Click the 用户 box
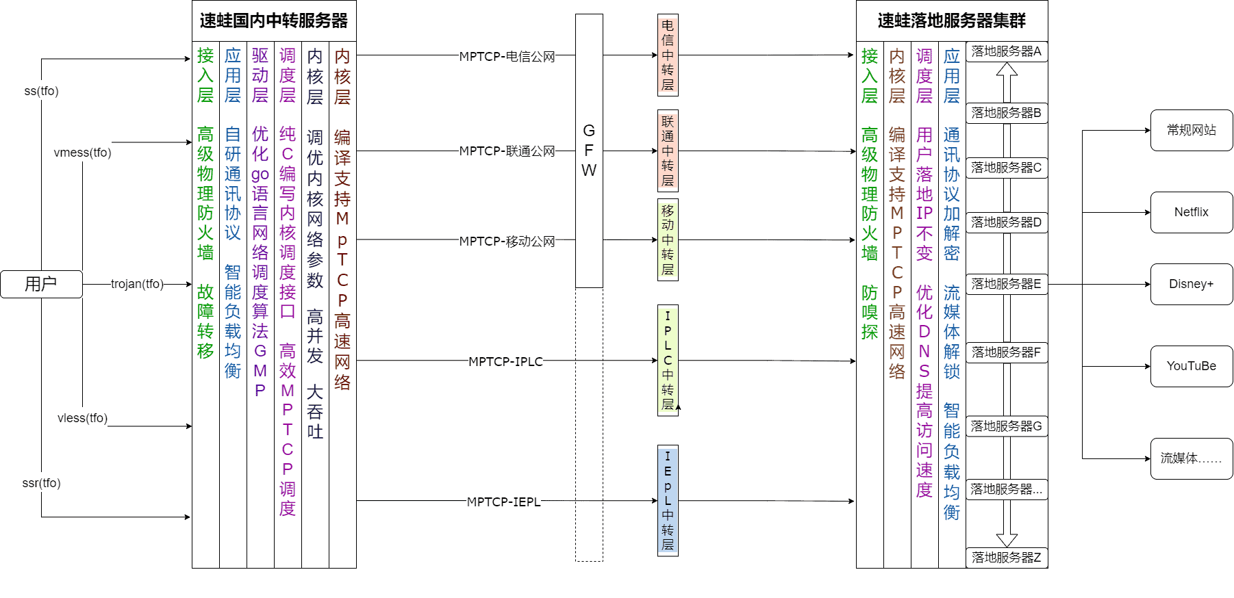(x=41, y=284)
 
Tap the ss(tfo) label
(x=41, y=91)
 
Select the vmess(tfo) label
(x=82, y=153)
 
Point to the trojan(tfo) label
(x=137, y=284)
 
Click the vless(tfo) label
(x=82, y=418)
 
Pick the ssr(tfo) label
(x=41, y=483)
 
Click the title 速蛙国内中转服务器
(x=274, y=21)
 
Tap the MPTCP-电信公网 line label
(x=507, y=57)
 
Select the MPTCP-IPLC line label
(x=505, y=361)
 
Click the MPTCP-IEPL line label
(x=503, y=502)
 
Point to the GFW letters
(x=589, y=151)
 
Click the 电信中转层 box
(x=668, y=55)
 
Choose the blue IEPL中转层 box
(x=668, y=500)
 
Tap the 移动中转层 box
(x=668, y=239)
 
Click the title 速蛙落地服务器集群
(x=951, y=21)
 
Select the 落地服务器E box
(x=1006, y=284)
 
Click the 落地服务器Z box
(x=1006, y=558)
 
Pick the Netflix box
(x=1191, y=212)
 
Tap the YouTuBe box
(x=1191, y=366)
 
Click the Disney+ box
(x=1191, y=284)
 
